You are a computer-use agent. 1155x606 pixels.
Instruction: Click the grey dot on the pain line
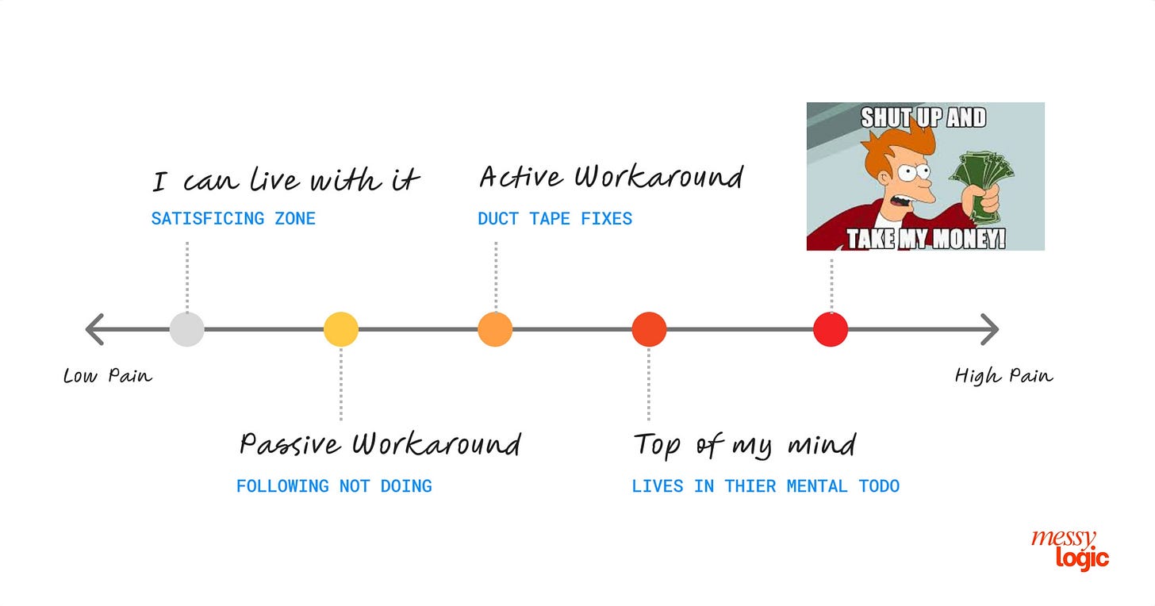[x=187, y=329]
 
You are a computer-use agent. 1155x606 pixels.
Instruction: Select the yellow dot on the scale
[x=341, y=329]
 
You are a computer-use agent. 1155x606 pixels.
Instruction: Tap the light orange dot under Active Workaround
[x=495, y=329]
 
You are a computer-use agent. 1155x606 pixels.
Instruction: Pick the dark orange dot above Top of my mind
[x=649, y=329]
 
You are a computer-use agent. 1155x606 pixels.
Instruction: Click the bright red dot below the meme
[x=831, y=329]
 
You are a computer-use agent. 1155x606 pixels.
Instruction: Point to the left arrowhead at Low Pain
[x=94, y=329]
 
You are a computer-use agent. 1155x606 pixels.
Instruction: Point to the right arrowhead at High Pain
[x=990, y=329]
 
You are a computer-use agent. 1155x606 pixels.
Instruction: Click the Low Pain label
[x=107, y=375]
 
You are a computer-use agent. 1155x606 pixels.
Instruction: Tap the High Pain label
[x=1003, y=375]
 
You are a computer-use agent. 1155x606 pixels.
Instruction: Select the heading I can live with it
[x=286, y=181]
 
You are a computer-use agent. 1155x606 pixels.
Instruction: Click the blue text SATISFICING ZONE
[x=233, y=219]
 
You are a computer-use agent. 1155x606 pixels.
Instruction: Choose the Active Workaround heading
[x=611, y=177]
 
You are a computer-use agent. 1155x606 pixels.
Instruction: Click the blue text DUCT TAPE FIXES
[x=554, y=219]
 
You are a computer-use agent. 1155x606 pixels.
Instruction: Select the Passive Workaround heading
[x=380, y=444]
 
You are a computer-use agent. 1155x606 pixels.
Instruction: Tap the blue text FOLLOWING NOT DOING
[x=334, y=486]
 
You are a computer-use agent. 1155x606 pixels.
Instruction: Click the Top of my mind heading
[x=744, y=444]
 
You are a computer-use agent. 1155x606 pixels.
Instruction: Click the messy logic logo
[x=1069, y=550]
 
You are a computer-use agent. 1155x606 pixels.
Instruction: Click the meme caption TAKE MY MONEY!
[x=925, y=239]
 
